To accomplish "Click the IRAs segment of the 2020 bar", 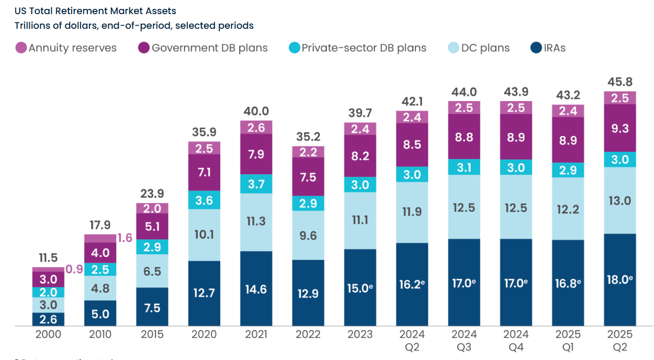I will (x=204, y=293).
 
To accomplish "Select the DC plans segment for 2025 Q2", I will (x=620, y=200).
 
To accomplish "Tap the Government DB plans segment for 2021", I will (x=256, y=154).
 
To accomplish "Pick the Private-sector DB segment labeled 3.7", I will (x=256, y=184).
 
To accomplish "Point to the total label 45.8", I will (x=620, y=82).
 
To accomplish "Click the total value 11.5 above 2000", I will (x=48, y=257).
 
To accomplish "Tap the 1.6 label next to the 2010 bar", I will (x=125, y=238).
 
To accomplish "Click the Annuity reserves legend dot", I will (x=21, y=48).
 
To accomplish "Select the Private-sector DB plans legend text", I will (x=364, y=48).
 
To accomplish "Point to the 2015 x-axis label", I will (x=152, y=335).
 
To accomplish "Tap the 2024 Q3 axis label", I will (x=464, y=341).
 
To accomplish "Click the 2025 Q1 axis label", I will (x=568, y=341).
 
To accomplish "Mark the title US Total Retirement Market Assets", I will (x=95, y=10).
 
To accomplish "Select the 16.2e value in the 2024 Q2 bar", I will (x=412, y=284).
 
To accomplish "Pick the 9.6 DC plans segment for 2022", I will (x=308, y=235).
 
